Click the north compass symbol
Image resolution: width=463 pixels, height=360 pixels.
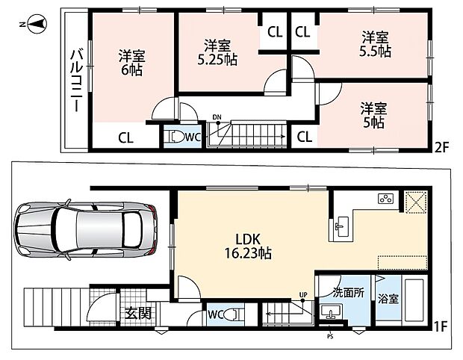click(x=35, y=24)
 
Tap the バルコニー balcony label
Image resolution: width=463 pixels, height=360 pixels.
click(x=76, y=81)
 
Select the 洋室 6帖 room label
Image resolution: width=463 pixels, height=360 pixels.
click(x=131, y=63)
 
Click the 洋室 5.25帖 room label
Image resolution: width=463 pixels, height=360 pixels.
click(x=217, y=52)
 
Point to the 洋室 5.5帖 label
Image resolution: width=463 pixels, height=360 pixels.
click(x=375, y=44)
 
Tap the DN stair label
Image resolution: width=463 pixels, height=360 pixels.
click(x=217, y=117)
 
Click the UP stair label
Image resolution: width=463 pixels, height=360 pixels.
click(x=303, y=295)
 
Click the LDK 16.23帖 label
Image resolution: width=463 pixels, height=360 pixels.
click(x=248, y=246)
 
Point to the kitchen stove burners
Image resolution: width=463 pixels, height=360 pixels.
click(x=386, y=198)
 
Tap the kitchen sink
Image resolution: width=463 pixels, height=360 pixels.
click(x=342, y=226)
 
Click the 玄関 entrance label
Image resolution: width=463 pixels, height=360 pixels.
click(x=138, y=313)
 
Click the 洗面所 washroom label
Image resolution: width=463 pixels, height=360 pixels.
click(x=349, y=292)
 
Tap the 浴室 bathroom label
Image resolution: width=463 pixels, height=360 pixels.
click(x=388, y=299)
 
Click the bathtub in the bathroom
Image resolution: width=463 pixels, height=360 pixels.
click(x=414, y=300)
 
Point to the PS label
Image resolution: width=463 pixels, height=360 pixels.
click(x=330, y=336)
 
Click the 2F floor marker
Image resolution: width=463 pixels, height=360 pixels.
click(x=441, y=148)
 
